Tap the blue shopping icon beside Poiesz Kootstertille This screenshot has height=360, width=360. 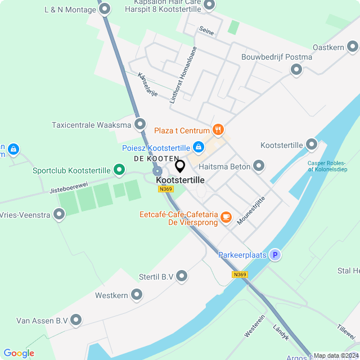click(198, 147)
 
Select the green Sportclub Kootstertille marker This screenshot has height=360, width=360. click(119, 169)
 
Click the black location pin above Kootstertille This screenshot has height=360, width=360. click(180, 166)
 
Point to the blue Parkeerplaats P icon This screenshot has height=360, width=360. click(275, 255)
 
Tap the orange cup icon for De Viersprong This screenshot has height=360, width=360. click(226, 217)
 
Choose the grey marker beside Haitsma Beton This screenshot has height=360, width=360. click(259, 165)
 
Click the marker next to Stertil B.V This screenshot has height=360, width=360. click(182, 276)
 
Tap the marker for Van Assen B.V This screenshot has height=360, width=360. click(76, 320)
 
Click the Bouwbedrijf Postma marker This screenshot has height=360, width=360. click(296, 70)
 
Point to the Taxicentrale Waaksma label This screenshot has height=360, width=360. click(91, 125)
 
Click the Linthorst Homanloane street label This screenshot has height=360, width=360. click(183, 75)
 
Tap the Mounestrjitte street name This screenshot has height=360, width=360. click(251, 210)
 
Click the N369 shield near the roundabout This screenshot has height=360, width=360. click(165, 190)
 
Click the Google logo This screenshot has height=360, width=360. click(19, 353)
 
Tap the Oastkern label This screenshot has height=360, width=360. click(328, 48)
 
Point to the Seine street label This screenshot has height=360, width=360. click(206, 33)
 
